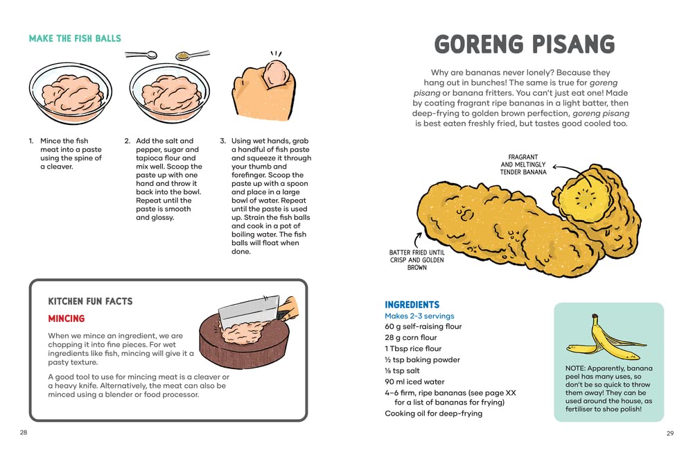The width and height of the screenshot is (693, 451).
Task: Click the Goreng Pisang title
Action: tap(524, 44)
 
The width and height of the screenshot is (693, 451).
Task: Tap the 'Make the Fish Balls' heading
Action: tap(75, 38)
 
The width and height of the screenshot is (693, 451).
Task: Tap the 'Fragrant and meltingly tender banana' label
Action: tap(523, 164)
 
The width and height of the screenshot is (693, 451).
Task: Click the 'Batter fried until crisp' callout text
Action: tap(416, 259)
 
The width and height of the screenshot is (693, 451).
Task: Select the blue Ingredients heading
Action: tap(412, 305)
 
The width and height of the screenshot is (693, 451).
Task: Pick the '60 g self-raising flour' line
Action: tap(423, 326)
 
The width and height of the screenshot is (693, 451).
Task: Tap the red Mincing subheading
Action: tap(67, 318)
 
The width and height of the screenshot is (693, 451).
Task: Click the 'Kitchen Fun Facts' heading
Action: tap(90, 301)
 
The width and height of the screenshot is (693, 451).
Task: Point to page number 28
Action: tap(24, 432)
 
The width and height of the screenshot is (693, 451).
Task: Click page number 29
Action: tap(669, 433)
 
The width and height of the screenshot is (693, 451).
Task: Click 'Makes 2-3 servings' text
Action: tap(419, 316)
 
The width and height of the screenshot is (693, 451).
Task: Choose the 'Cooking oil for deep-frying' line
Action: tap(433, 414)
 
